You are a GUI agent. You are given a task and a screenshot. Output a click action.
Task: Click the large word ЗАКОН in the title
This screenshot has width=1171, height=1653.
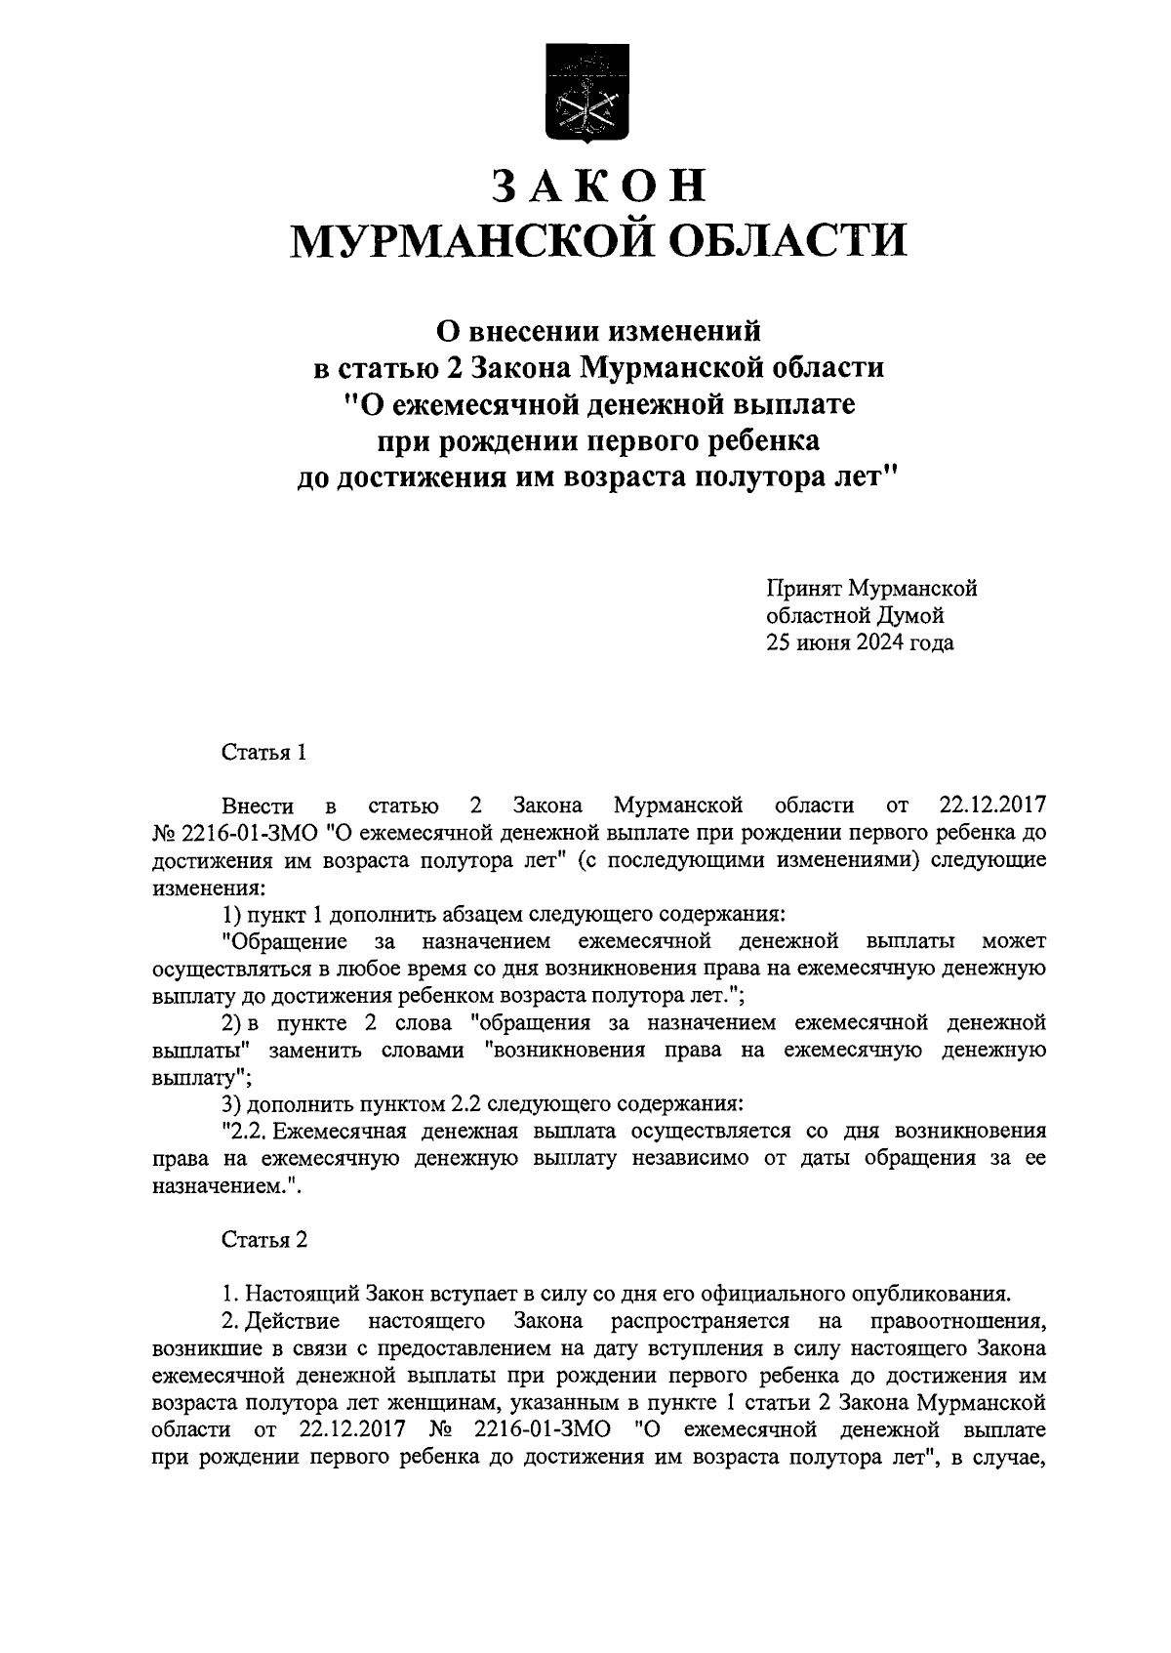coord(596,186)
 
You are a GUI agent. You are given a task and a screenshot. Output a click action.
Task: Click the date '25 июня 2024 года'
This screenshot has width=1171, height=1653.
coord(860,643)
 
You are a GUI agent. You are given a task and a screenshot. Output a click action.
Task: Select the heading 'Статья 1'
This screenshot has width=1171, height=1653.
coord(264,752)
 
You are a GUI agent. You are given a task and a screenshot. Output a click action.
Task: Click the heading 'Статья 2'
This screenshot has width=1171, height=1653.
coord(264,1239)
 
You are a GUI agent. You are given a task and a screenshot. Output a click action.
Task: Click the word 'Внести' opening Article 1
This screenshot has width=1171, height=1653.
coord(258,806)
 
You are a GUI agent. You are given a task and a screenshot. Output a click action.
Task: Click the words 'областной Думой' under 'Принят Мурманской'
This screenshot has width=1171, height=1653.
coord(855,616)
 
